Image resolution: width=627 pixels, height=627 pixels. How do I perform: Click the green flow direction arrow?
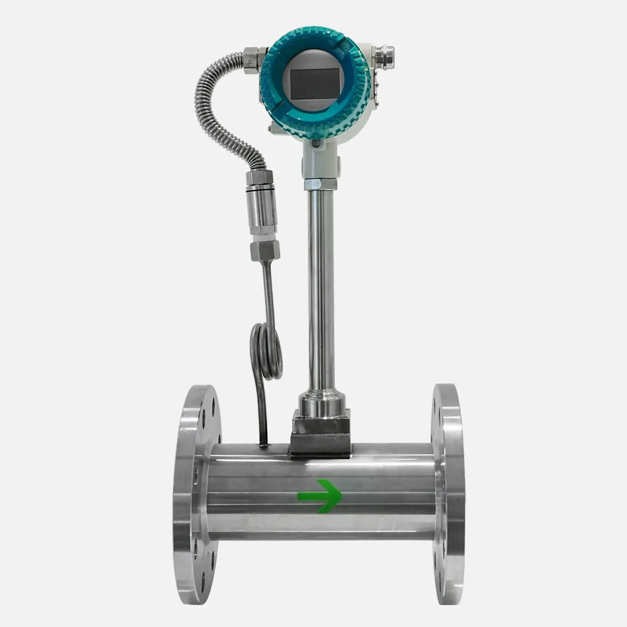(x=320, y=496)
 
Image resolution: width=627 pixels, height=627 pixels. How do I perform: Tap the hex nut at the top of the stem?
(x=320, y=184)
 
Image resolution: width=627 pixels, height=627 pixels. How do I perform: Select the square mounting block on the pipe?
(x=320, y=433)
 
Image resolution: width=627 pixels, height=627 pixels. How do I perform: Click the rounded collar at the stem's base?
(x=320, y=401)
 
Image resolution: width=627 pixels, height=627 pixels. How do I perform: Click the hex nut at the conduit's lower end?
(x=260, y=177)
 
